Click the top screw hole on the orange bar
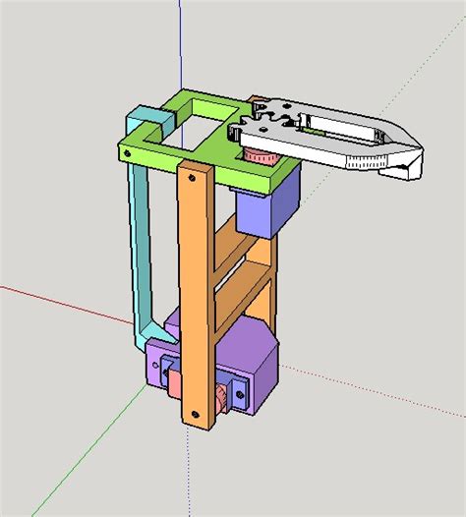[x=193, y=179]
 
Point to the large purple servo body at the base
[x=254, y=373]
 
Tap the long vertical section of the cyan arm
[x=141, y=246]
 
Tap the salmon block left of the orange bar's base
[x=174, y=378]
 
